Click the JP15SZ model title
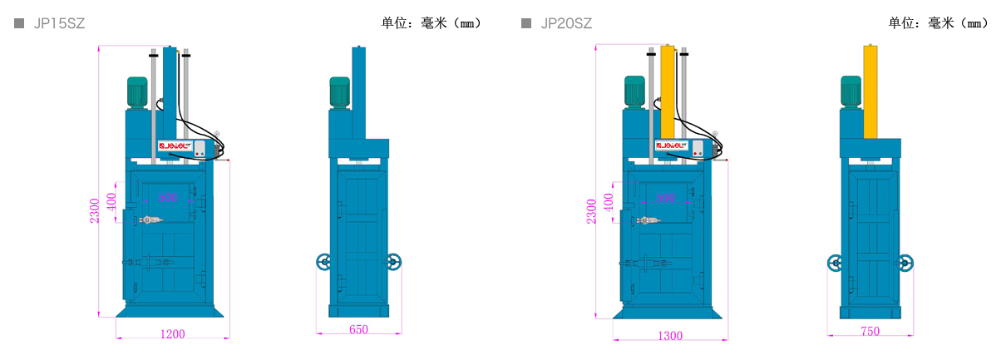(59, 24)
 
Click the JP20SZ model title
(566, 24)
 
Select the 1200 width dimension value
(172, 334)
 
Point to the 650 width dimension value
(358, 330)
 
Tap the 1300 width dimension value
(670, 336)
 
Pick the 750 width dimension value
(870, 332)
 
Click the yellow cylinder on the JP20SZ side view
(870, 91)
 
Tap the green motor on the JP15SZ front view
(137, 92)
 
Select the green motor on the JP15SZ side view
(339, 92)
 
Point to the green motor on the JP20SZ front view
(635, 92)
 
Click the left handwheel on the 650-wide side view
(323, 263)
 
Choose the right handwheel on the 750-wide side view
(905, 264)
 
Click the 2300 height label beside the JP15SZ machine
(95, 210)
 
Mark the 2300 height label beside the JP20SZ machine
(591, 211)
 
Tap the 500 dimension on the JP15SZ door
(168, 198)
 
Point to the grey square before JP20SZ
(526, 23)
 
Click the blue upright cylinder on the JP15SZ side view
(358, 91)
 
